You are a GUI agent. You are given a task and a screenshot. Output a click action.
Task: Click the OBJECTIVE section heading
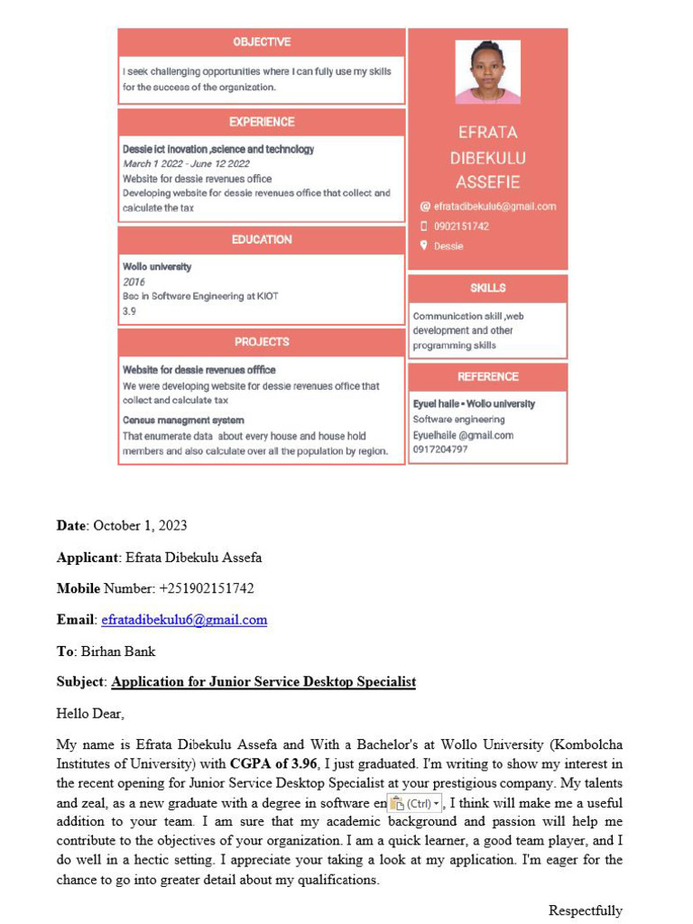coord(262,42)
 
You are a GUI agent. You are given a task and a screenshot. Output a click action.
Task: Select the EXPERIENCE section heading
coord(262,122)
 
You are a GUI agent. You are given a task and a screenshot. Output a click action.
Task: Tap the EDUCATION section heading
coord(262,239)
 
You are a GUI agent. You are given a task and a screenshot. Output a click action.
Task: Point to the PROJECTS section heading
coord(262,342)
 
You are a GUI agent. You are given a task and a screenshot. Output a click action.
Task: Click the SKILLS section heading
coord(487,288)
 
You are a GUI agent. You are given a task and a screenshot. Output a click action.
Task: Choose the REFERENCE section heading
coord(487,376)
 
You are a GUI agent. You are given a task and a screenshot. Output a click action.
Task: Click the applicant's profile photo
coord(487,72)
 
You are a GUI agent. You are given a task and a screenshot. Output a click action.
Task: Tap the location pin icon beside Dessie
coord(423,245)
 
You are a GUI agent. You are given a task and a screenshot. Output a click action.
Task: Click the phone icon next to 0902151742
coord(423,226)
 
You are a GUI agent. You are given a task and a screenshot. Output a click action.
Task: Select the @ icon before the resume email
coord(424,207)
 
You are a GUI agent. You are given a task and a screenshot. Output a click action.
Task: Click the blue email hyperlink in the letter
coord(184,620)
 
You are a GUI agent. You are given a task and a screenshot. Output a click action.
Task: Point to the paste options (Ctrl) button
coord(415,803)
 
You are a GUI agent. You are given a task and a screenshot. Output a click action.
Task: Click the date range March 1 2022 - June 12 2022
coord(186,164)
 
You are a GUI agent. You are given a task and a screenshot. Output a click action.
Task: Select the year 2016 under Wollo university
coord(134,282)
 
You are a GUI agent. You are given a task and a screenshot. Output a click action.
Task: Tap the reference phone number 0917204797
coord(440,449)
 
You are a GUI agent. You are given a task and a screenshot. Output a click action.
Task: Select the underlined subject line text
coord(263,682)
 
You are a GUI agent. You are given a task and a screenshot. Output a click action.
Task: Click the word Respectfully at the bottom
coord(585,910)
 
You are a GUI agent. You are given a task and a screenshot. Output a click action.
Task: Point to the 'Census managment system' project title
coord(183,420)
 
